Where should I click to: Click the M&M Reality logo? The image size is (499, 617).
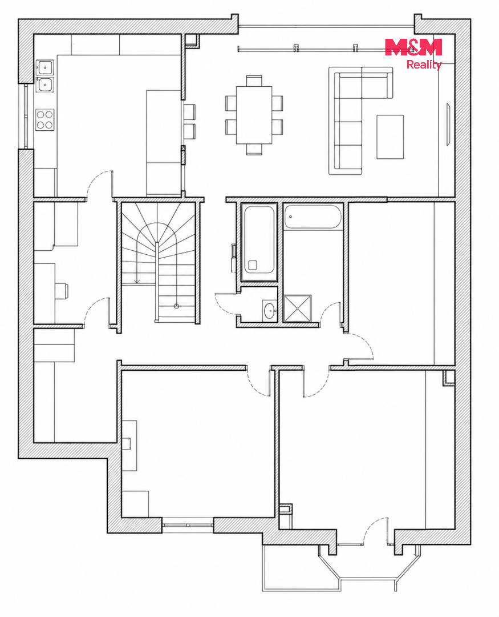(x=413, y=54)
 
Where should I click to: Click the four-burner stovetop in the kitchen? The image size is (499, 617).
(x=44, y=119)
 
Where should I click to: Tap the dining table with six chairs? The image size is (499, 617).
(x=254, y=115)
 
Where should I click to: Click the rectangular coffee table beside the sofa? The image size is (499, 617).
(x=390, y=137)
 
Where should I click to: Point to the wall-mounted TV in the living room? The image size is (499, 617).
(x=448, y=125)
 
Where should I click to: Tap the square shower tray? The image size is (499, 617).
(x=298, y=308)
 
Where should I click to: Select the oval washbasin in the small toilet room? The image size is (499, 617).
(x=270, y=310)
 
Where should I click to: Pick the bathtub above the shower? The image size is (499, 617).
(x=313, y=216)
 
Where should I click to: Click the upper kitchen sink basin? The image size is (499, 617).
(x=44, y=67)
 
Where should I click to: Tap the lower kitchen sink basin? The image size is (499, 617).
(x=44, y=84)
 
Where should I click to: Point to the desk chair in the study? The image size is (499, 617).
(x=61, y=291)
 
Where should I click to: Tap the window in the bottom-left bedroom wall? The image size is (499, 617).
(x=188, y=525)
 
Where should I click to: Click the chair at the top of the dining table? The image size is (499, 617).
(x=254, y=81)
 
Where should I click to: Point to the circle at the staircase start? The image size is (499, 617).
(x=176, y=306)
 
